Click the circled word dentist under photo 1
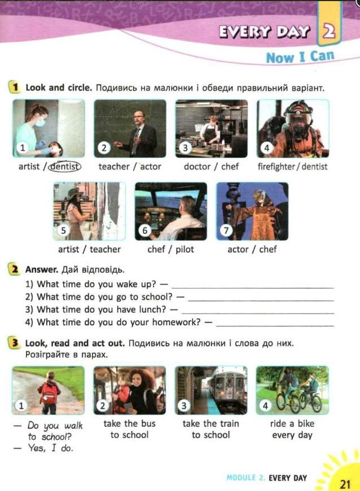coord(65,166)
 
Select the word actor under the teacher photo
coord(151,166)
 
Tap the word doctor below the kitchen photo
coord(197,166)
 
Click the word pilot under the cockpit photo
coord(185,249)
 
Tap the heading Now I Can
coord(300,57)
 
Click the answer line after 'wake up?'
coord(253,287)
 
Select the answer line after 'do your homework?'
coord(275,326)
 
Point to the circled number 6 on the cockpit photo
coord(144,231)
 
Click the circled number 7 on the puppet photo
coord(226,231)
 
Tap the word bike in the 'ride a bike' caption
coord(306,423)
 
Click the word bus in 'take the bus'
coord(148,423)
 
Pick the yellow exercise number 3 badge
coord(14,343)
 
